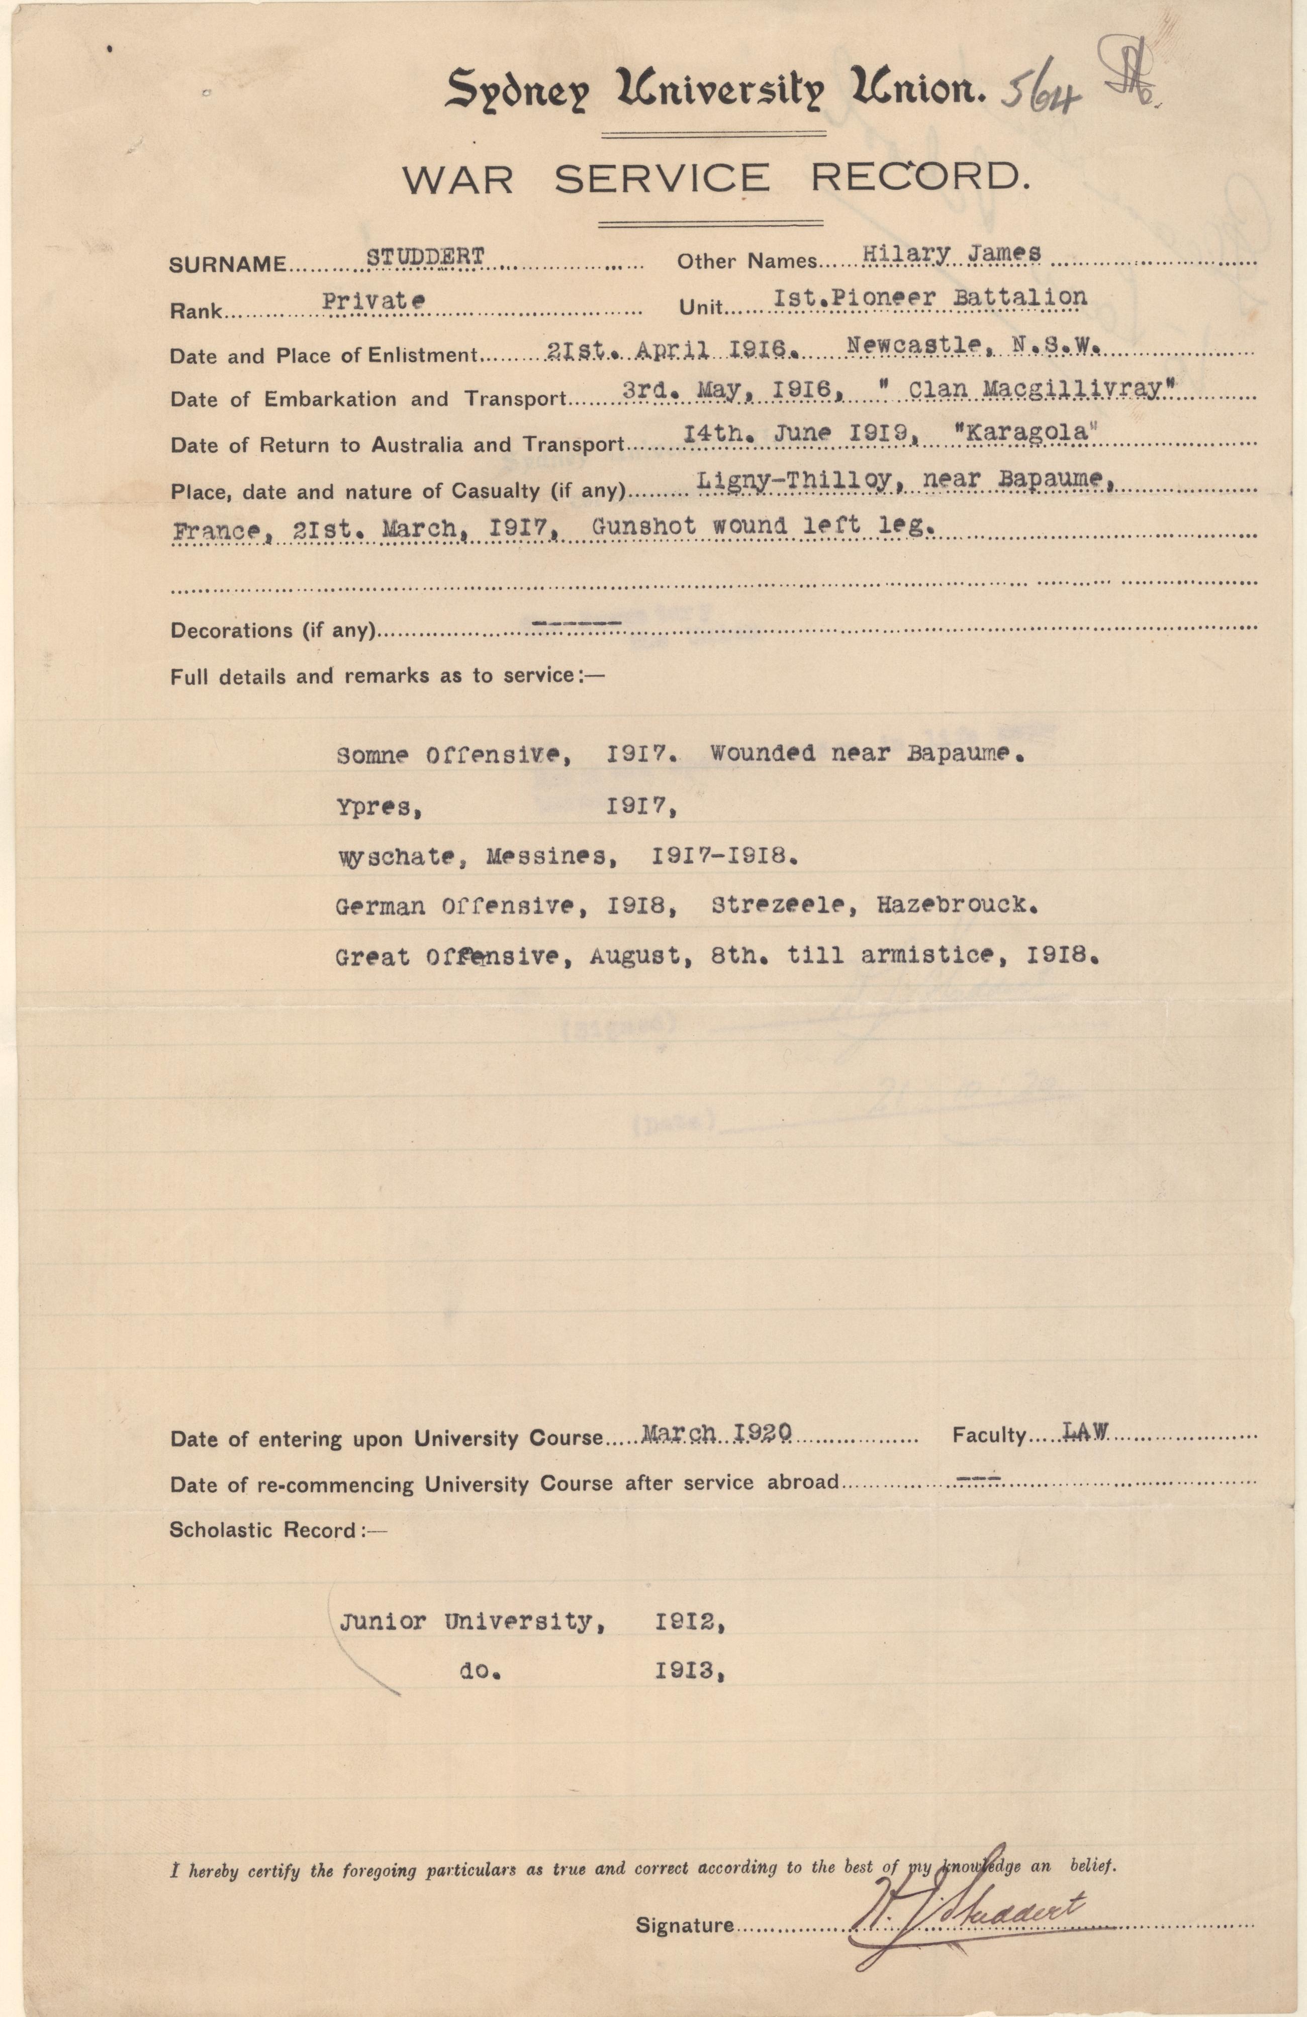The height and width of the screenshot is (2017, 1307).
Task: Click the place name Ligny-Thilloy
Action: point(793,480)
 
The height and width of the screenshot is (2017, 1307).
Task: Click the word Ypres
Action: point(379,807)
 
